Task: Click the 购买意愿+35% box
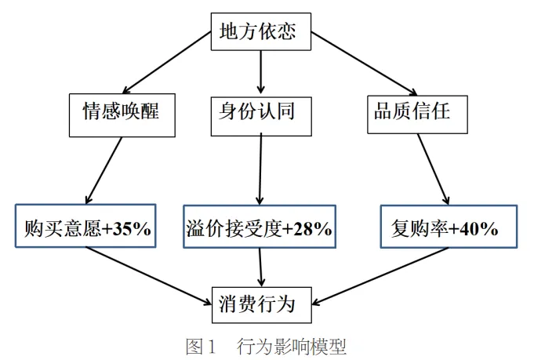pyautogui.click(x=86, y=229)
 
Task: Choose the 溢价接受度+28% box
pyautogui.click(x=260, y=229)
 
